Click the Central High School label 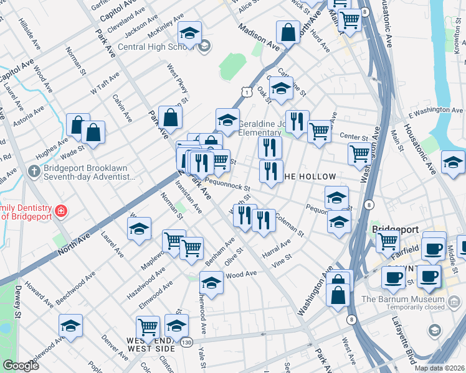click(x=156, y=47)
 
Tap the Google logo click(x=21, y=366)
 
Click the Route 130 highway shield click(x=186, y=342)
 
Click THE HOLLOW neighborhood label click(x=310, y=177)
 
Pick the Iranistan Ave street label click(x=188, y=198)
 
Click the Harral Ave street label click(x=277, y=250)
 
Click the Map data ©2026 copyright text click(x=439, y=367)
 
